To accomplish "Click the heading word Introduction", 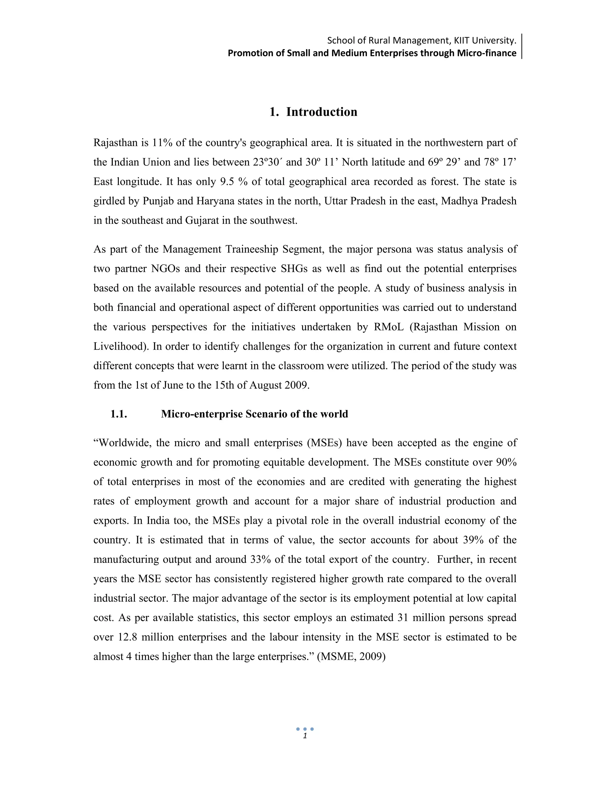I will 321,112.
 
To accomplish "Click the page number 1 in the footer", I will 305,736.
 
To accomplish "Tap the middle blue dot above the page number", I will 305,729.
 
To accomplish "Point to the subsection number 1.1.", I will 119,414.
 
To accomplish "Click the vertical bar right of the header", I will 522,46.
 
